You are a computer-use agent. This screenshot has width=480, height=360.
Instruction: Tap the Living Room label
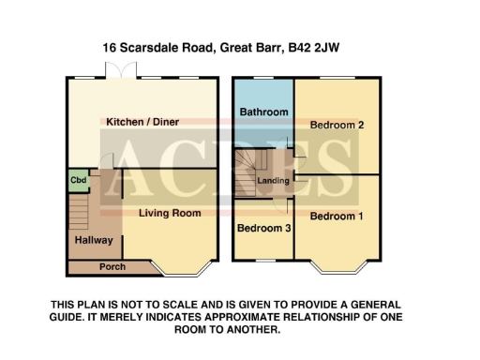click(x=170, y=213)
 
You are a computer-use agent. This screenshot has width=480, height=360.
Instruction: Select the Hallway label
click(x=94, y=241)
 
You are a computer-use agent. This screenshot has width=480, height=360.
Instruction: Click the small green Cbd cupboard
click(x=76, y=180)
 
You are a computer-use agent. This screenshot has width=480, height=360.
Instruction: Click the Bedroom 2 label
click(x=336, y=124)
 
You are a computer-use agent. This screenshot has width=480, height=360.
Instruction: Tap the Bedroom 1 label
click(x=336, y=216)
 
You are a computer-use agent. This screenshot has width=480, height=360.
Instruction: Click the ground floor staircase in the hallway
click(x=81, y=211)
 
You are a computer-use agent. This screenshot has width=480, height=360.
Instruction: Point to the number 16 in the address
click(x=109, y=45)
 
